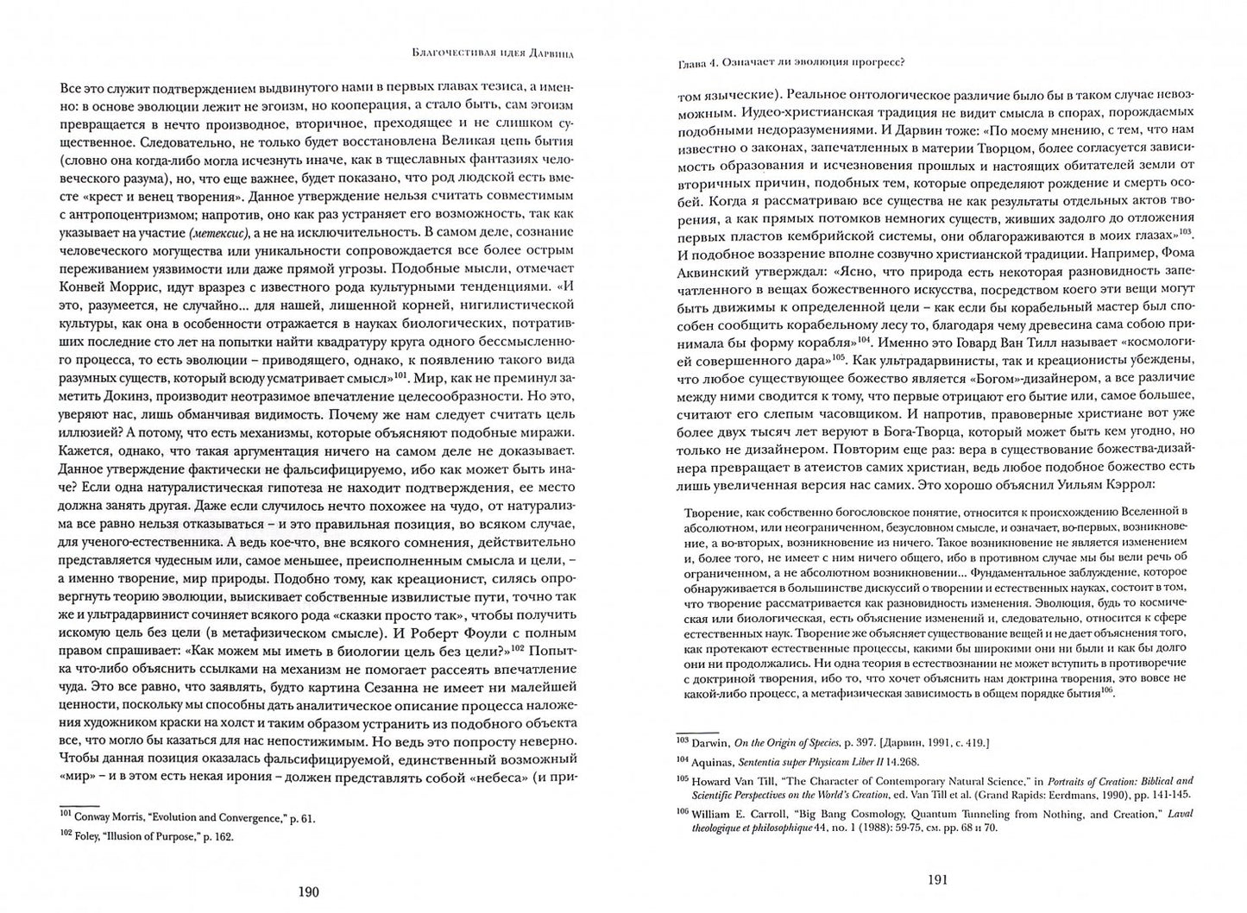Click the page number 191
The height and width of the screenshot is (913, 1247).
(937, 881)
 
